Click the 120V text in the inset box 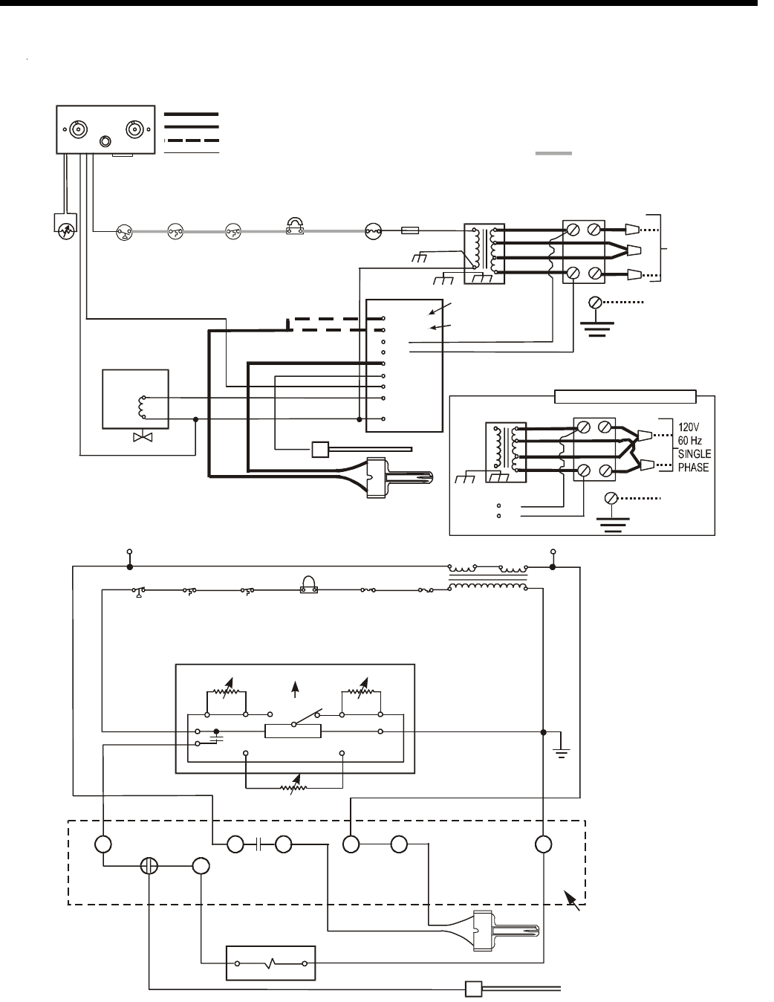point(689,427)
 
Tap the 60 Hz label point(689,440)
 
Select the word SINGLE point(695,453)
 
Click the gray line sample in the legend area point(553,153)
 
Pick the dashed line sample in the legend point(191,140)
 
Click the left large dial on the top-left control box point(78,129)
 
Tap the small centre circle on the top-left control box point(105,141)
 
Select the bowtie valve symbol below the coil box point(143,436)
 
